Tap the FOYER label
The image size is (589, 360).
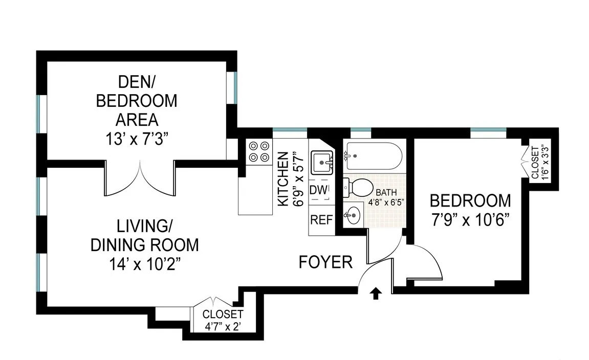coord(326,262)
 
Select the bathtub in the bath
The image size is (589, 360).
coord(372,155)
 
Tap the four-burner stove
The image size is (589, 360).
coord(259,151)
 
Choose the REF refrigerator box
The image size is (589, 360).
coord(322,220)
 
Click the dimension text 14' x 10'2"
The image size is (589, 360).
coord(144,265)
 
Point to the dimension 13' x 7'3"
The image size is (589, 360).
coord(137,140)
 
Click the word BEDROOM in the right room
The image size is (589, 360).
coord(470,200)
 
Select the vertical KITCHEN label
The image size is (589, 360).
coord(282,178)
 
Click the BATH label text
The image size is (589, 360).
coord(385,193)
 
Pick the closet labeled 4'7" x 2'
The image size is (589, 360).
coord(222,320)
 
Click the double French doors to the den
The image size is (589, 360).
coord(140,178)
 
